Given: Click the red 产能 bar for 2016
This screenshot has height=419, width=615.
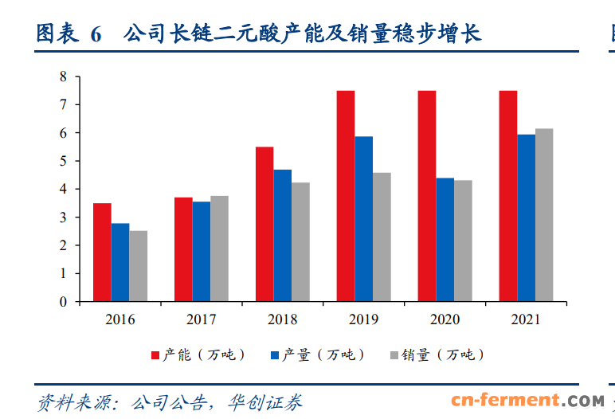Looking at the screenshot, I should click(102, 253).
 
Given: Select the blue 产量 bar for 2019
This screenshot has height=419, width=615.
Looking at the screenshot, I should click(363, 219).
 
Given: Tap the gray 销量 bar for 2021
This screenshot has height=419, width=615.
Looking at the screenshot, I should click(544, 215).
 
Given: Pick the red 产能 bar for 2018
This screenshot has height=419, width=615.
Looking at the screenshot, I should click(264, 225).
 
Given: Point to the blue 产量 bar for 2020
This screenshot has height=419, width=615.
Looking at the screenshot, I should click(445, 240).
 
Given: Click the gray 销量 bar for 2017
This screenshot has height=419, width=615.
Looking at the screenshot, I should click(219, 249).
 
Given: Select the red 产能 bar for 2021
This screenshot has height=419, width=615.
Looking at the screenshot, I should click(507, 196).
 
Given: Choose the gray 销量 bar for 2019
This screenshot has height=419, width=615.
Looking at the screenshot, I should click(382, 237).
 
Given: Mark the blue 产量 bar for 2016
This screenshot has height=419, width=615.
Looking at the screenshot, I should click(120, 262).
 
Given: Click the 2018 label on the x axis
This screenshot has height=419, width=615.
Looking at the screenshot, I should click(281, 320).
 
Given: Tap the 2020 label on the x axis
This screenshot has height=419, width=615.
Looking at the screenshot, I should click(445, 320).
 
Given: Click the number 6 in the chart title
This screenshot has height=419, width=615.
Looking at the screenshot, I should click(96, 34).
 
